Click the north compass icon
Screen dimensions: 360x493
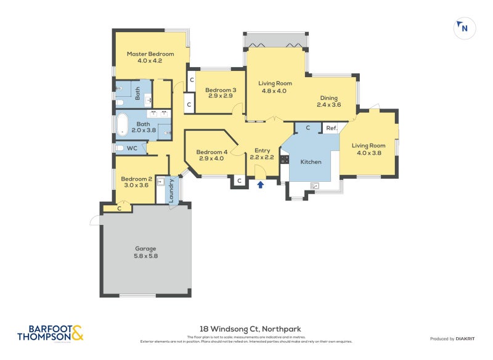tap(463, 28)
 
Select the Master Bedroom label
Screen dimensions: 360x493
tap(150, 57)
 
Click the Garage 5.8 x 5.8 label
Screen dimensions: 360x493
tap(146, 252)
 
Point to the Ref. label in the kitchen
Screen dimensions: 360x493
tap(331, 128)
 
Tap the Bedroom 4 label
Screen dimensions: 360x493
tap(211, 155)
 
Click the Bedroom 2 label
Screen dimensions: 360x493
tap(136, 181)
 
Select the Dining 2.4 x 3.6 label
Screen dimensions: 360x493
tap(328, 101)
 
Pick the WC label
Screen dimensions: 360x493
tap(131, 148)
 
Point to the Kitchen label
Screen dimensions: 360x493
tap(311, 162)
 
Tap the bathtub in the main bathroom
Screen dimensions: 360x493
tap(122, 124)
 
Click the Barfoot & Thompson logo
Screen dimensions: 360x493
tap(50, 333)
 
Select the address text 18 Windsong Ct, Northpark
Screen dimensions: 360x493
tap(246, 329)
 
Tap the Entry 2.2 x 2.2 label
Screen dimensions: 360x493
tap(263, 154)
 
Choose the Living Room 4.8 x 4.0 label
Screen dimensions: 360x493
tap(275, 87)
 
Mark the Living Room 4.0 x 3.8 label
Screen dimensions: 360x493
tap(368, 150)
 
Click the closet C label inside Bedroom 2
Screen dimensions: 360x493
tap(119, 209)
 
